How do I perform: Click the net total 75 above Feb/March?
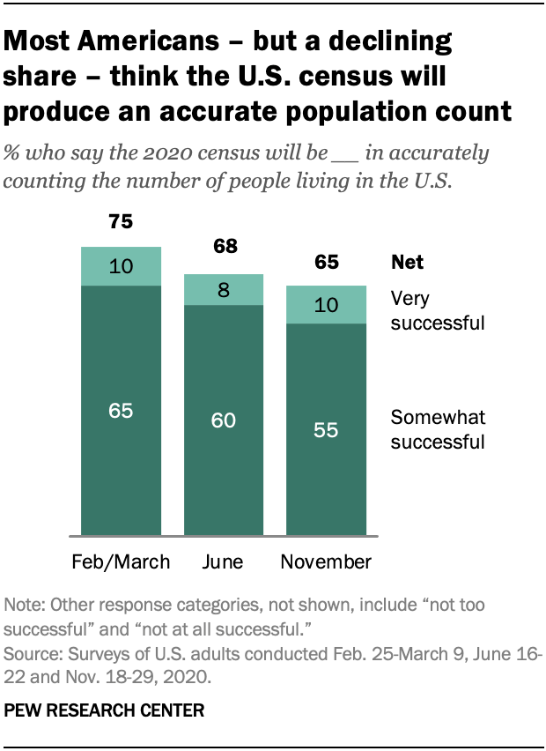tap(121, 222)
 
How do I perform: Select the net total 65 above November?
tap(326, 262)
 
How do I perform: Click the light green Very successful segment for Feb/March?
tap(121, 266)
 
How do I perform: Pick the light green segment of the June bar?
tap(223, 289)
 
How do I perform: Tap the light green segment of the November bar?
tap(326, 305)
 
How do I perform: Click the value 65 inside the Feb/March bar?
tap(121, 410)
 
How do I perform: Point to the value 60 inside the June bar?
tap(223, 420)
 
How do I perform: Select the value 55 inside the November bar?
tap(326, 430)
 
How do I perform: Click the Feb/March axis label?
tap(121, 561)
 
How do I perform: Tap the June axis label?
tap(223, 561)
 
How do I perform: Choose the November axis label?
tap(326, 561)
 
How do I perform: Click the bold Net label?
tap(407, 263)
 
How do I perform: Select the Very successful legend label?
tap(437, 311)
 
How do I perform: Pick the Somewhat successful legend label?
tap(438, 429)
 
